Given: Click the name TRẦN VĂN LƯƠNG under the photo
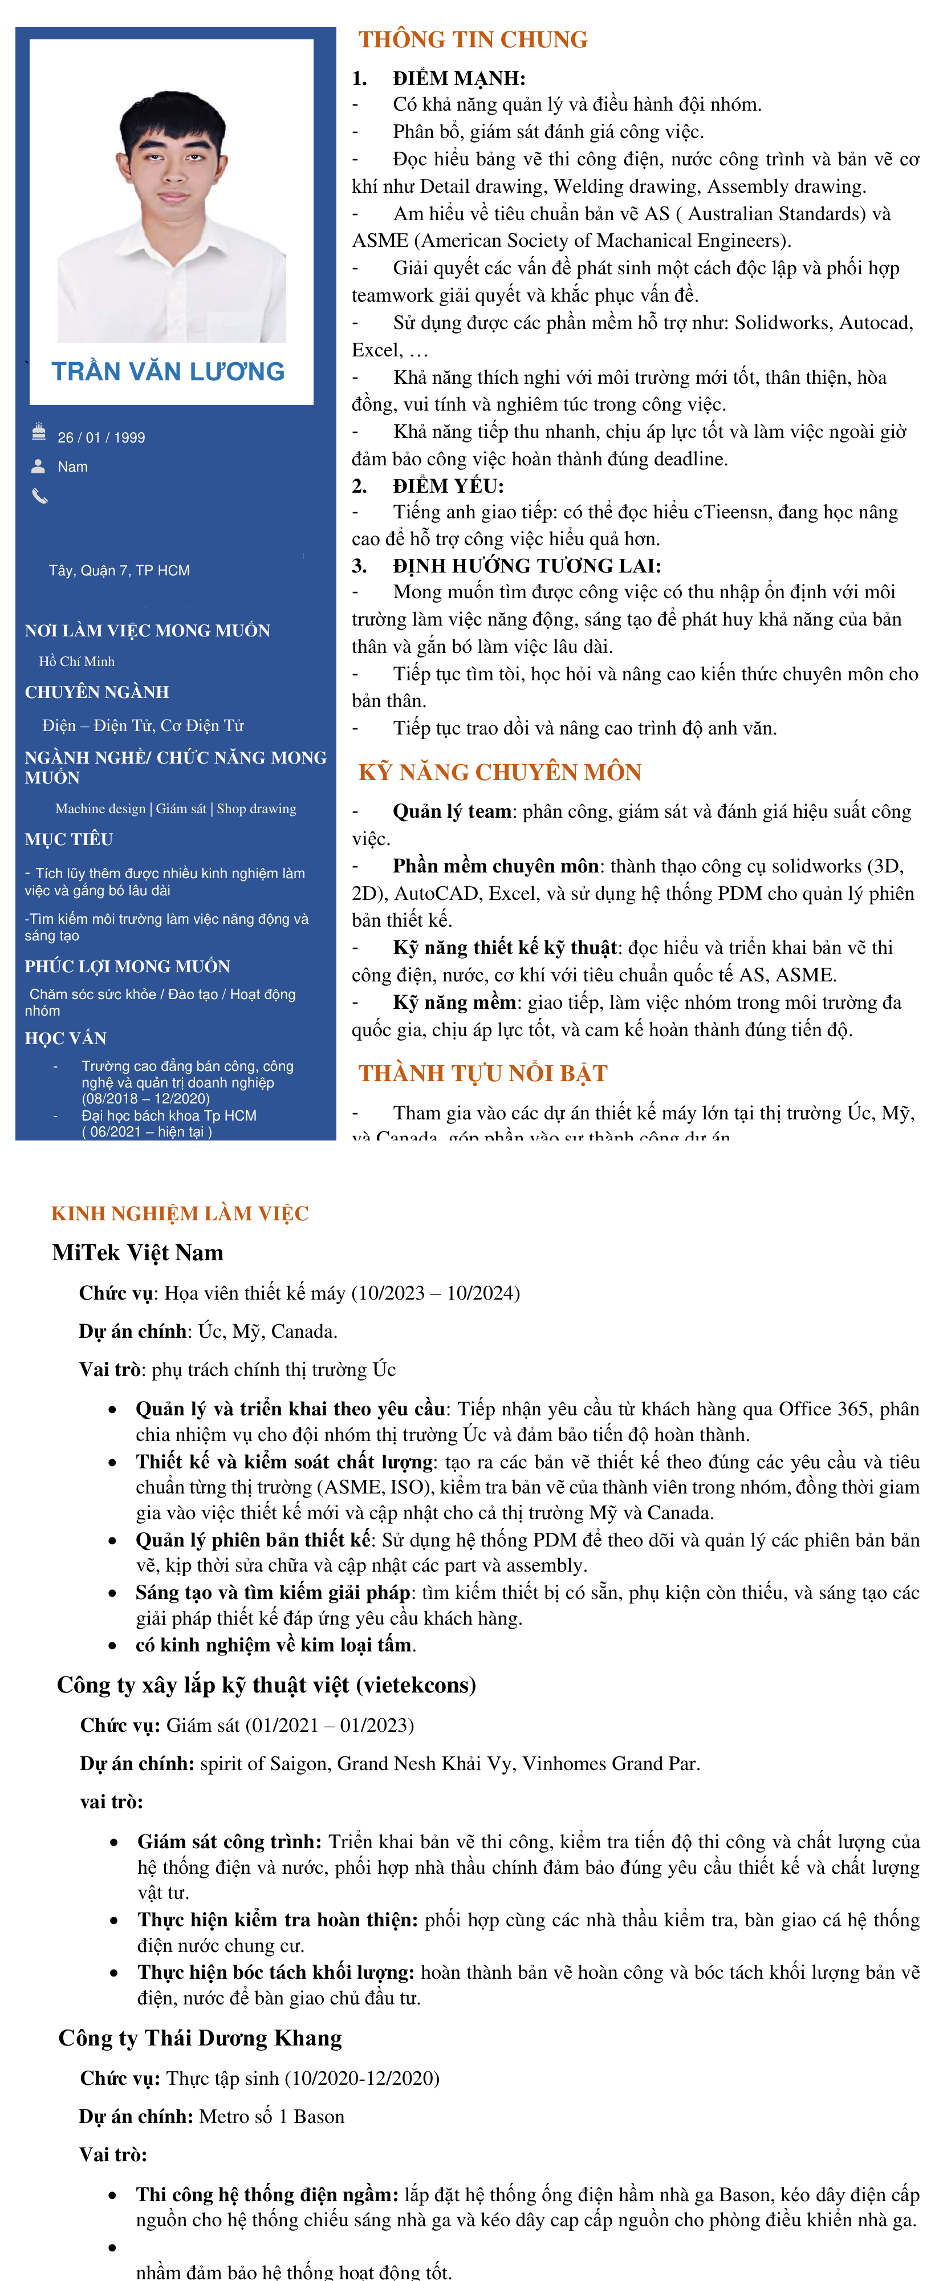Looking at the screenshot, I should point(168,372).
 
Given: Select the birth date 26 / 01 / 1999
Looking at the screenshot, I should point(101,437).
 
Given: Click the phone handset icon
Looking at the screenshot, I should point(39,496).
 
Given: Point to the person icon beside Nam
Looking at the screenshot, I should point(38,466).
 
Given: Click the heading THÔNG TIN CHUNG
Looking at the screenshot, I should point(473,40).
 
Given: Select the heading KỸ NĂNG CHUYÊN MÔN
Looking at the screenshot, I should point(499,772).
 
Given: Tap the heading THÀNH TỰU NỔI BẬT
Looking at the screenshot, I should point(482,1073).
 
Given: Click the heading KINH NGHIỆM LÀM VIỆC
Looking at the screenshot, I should point(180,1213).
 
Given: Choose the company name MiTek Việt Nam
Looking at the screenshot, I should point(137,1252).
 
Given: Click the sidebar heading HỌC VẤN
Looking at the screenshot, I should point(66,1038).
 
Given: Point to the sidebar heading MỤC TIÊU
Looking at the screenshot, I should point(69,838).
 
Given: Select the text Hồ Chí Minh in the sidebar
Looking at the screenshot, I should point(77,661).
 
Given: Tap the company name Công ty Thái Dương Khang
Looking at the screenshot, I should point(200,2038).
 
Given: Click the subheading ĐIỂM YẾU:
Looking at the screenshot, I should point(448,485).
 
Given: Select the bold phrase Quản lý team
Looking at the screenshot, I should point(452,811).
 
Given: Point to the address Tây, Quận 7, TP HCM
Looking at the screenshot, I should point(120,570).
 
